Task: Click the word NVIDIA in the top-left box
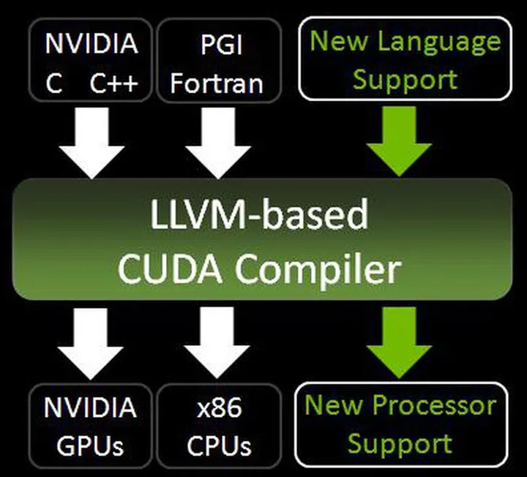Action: [91, 44]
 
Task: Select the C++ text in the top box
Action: [113, 82]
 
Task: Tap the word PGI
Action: [217, 44]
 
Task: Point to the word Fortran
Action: [217, 82]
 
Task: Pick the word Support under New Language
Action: [405, 79]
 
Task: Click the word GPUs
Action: [91, 444]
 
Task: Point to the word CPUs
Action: [217, 444]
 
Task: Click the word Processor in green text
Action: [433, 405]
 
